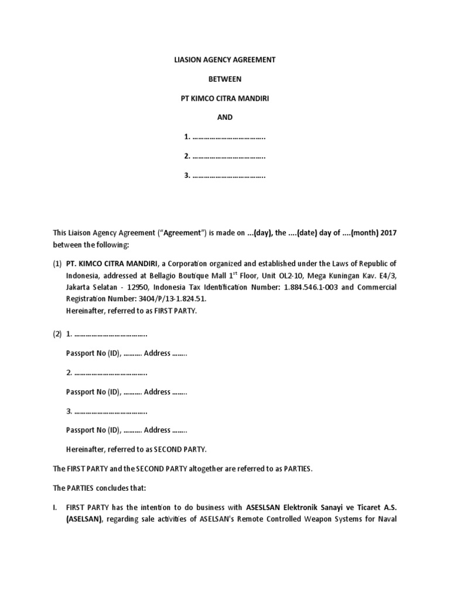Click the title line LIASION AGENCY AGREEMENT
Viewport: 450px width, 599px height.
[225, 60]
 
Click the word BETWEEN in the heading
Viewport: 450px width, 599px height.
[225, 79]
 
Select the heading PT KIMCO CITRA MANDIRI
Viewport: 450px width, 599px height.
[225, 98]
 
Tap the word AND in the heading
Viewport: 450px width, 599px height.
[225, 117]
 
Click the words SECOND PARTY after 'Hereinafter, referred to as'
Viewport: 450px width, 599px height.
[180, 449]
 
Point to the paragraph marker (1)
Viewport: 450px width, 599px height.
[57, 264]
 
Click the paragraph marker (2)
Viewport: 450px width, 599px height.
[57, 334]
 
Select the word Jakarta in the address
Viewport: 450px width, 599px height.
[80, 287]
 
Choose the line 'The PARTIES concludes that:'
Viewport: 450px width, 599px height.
[94, 488]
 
